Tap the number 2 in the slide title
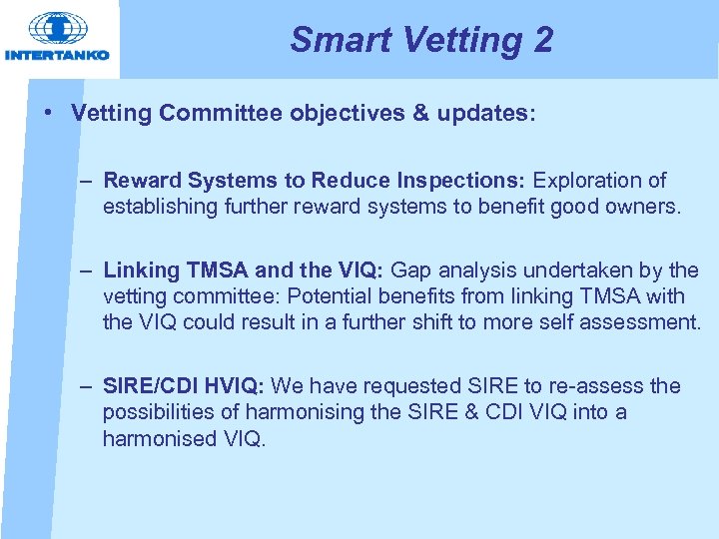click(541, 40)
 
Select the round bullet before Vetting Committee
click(48, 113)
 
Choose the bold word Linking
click(141, 270)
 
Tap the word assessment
click(646, 322)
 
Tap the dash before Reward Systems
click(88, 181)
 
